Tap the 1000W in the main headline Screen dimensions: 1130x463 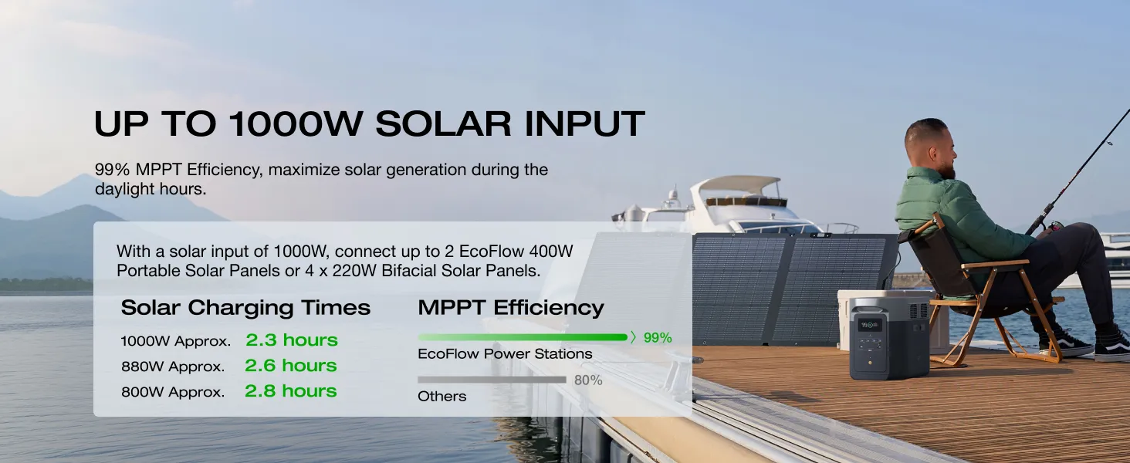click(296, 123)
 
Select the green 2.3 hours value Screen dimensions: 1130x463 click(292, 340)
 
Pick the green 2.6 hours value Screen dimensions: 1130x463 click(290, 365)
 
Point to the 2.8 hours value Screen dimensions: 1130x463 click(290, 391)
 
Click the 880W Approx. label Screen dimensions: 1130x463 click(173, 367)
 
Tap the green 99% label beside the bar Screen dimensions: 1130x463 click(658, 338)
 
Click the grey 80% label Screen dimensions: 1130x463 click(588, 380)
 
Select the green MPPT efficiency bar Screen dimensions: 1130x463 click(523, 337)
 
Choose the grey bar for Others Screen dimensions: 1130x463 click(492, 380)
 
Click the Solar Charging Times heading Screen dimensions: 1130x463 click(245, 308)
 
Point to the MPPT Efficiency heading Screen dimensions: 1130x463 click(510, 308)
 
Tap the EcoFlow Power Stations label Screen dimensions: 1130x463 click(505, 353)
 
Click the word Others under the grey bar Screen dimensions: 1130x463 click(442, 396)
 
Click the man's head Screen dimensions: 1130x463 click(930, 147)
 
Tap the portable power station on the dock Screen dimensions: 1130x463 click(889, 338)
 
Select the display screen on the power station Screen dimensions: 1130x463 click(870, 324)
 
